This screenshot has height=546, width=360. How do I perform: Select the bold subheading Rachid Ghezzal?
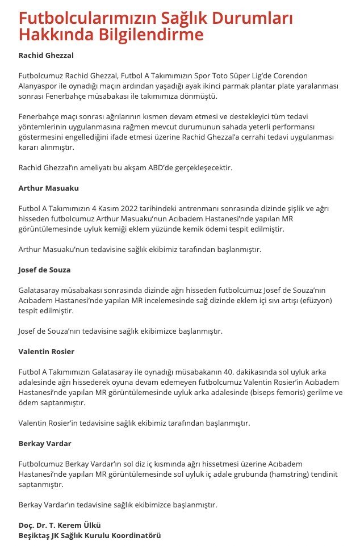[47, 56]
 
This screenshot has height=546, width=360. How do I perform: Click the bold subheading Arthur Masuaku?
[49, 188]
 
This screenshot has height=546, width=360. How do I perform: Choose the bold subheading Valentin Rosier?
[47, 351]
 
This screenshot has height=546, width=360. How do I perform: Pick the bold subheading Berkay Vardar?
[46, 443]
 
